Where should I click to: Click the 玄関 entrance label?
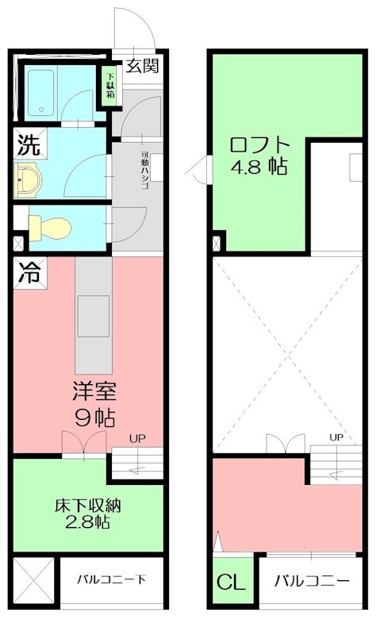coord(143,65)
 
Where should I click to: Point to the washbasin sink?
coord(29,179)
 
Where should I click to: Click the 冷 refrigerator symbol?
coord(29,274)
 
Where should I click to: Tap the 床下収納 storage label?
coord(88,506)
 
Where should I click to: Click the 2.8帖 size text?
coord(88,522)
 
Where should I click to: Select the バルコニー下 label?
coord(110,579)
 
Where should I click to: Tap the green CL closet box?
coord(231,581)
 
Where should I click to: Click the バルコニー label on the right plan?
coord(312,581)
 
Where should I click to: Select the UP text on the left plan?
coord(136,437)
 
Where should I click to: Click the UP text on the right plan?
coord(336,437)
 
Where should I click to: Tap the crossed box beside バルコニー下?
coord(33,580)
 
